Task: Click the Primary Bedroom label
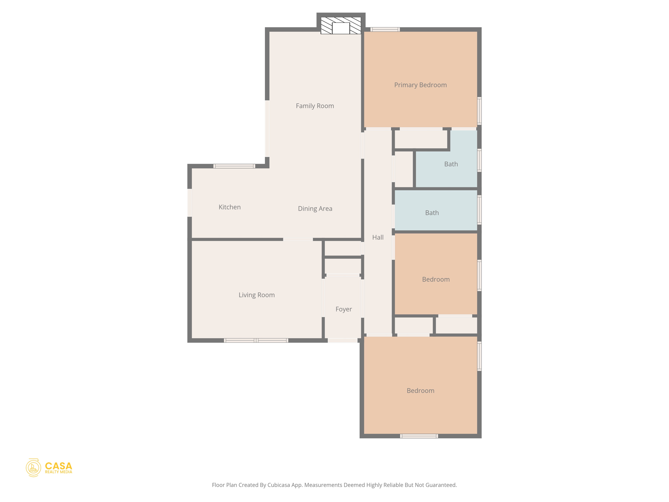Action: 420,85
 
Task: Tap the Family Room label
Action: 315,106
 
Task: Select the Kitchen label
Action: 229,207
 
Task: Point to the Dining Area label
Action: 315,209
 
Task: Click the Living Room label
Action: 256,295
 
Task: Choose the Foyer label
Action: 343,309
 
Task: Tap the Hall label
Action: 378,238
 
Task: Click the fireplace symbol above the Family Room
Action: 341,26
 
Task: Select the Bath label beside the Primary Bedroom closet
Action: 451,164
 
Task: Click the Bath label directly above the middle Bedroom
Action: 432,213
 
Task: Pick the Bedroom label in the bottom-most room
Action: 420,391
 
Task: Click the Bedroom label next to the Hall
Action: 435,279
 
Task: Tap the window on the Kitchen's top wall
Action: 234,166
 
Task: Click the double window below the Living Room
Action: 256,341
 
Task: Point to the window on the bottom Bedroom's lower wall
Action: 419,436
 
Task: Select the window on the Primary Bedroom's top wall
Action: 385,29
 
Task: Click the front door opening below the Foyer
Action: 342,341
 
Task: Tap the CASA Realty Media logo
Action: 49,468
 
